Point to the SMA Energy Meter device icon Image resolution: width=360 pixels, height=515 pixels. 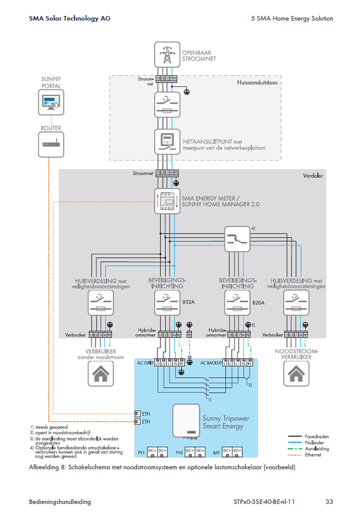[166, 201]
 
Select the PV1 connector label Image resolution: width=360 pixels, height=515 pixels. [142, 453]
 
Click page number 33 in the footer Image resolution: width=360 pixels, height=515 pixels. [328, 501]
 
